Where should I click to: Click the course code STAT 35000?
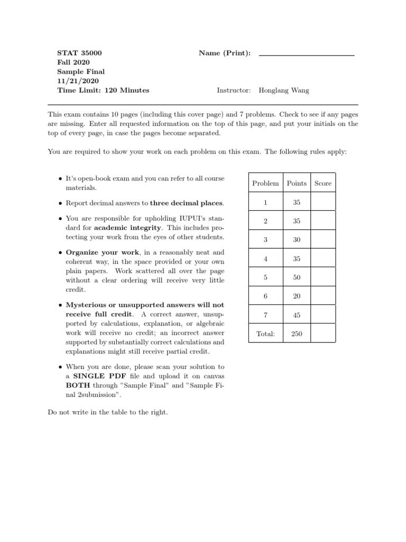point(80,53)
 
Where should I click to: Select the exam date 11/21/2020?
point(78,81)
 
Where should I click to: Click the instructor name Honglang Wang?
point(284,91)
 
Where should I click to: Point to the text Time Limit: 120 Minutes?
point(103,91)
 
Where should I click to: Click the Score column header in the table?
point(322,183)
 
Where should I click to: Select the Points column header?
point(297,183)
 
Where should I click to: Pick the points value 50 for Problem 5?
point(297,277)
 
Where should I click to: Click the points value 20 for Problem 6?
point(297,296)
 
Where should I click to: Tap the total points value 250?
point(297,334)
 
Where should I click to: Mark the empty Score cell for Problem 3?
point(322,240)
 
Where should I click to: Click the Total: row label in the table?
point(265,334)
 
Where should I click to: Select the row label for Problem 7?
point(265,315)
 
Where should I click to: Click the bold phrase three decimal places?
point(187,203)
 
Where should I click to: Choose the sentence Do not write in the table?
point(108,412)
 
